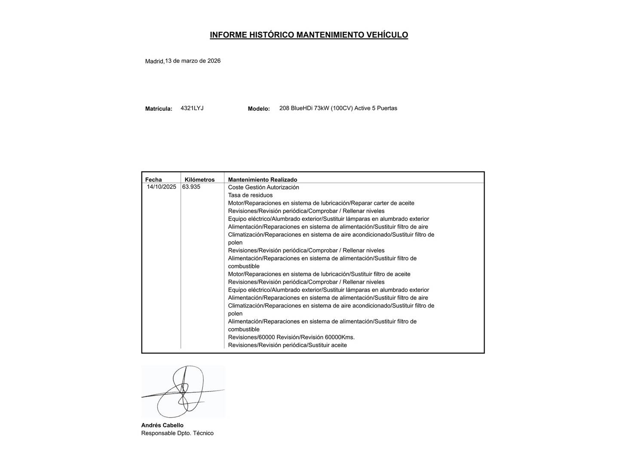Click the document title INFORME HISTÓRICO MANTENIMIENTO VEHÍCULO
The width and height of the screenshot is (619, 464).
coord(309,35)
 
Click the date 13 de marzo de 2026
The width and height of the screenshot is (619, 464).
coord(193,61)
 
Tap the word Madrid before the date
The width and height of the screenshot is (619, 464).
coord(154,61)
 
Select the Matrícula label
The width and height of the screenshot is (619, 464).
coord(159,109)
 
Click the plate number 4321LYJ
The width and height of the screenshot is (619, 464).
coord(192,108)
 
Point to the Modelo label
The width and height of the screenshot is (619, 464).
coord(259,109)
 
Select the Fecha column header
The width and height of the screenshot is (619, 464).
coord(153,180)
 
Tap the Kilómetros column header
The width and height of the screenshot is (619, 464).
coord(199,180)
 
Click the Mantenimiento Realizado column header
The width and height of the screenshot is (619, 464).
coord(262,180)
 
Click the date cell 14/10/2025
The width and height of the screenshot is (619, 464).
coord(161,187)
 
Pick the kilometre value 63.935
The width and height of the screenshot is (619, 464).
coord(191,187)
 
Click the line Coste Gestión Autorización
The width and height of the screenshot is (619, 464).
coord(263,187)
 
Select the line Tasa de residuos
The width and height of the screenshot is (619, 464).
coord(250,195)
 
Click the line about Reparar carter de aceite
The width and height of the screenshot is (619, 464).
coord(321,203)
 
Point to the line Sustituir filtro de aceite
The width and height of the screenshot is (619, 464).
coord(319,274)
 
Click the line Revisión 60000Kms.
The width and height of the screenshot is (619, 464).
coord(291,337)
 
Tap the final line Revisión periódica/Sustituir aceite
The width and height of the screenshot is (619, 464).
coord(287,345)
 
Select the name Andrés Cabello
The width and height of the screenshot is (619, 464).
coord(162,425)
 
